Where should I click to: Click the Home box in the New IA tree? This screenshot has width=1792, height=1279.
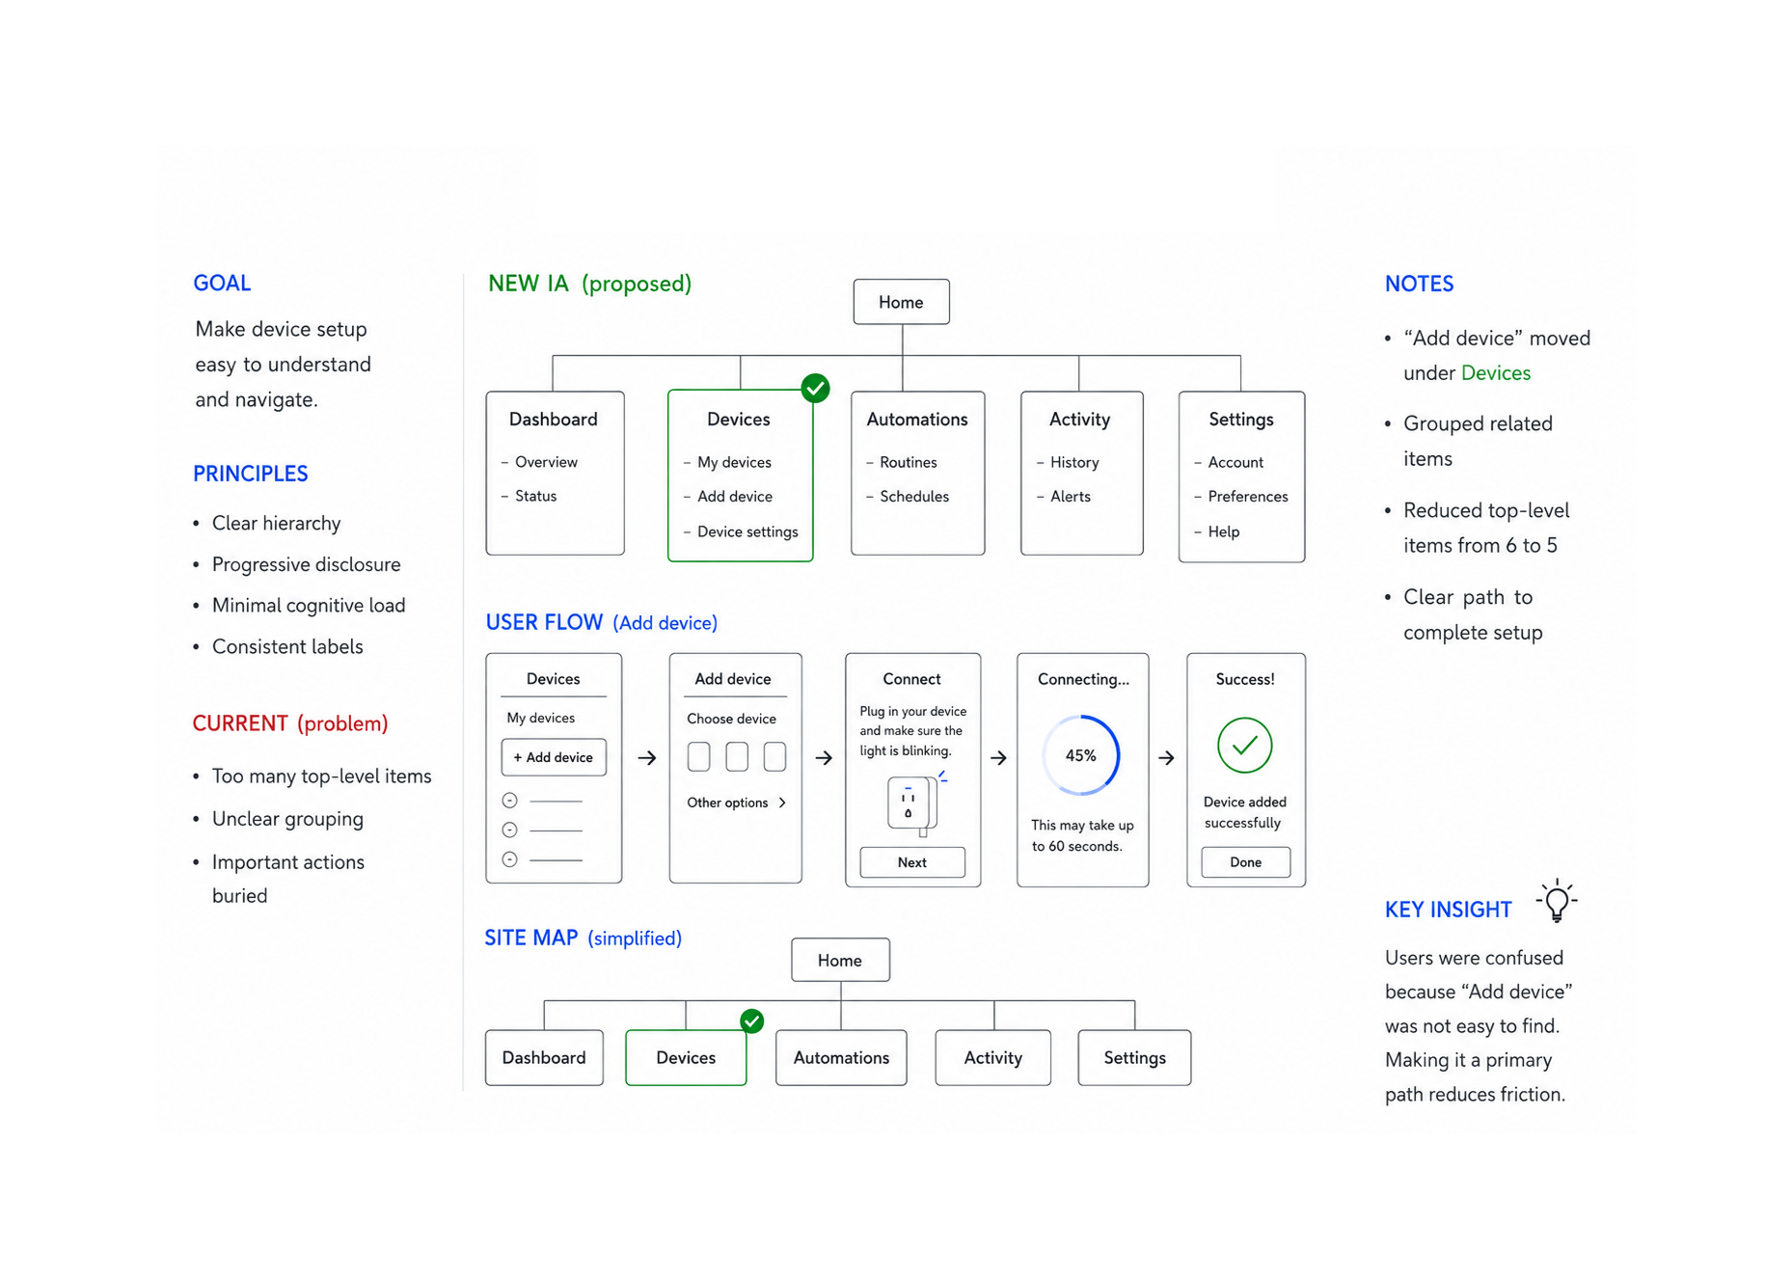901,302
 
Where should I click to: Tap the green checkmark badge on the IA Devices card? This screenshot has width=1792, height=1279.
815,389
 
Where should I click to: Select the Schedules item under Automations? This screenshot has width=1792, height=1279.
913,497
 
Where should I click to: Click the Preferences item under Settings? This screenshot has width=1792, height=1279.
1247,497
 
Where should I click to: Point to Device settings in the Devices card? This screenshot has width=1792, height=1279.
747,531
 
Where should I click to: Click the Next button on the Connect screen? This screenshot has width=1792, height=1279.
912,862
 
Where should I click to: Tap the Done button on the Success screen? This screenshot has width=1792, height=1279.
1245,862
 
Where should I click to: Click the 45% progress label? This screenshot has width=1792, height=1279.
1081,756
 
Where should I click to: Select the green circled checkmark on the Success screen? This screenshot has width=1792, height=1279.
1244,746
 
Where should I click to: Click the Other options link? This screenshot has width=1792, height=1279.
736,803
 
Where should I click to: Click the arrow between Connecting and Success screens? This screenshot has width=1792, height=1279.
1166,758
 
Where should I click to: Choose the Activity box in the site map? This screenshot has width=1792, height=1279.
993,1058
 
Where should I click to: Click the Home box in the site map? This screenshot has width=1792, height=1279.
840,961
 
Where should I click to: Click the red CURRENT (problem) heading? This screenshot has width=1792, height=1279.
290,723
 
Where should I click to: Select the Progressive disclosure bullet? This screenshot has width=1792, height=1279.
306,564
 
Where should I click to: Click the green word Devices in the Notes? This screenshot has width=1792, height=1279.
1496,373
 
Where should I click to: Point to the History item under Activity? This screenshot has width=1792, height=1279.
1074,463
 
